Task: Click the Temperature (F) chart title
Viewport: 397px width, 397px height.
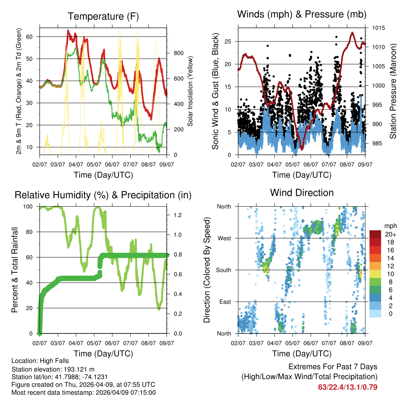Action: pos(103,16)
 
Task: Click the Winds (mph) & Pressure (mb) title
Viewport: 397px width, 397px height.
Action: pos(302,14)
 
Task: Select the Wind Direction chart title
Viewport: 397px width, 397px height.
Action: pos(302,193)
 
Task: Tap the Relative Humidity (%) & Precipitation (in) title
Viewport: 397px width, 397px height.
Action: pos(103,195)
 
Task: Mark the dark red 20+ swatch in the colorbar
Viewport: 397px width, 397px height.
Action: pos(375,234)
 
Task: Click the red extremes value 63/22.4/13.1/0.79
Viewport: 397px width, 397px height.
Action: pos(348,387)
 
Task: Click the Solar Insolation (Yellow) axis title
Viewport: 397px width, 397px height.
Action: pos(190,91)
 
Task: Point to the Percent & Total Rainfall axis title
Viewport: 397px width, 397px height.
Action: pos(15,270)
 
